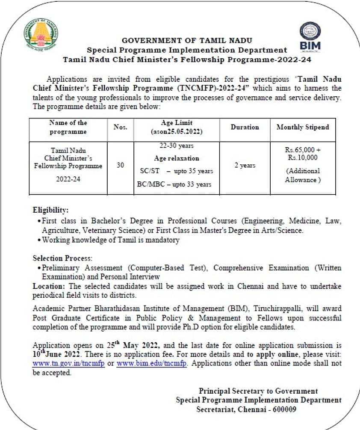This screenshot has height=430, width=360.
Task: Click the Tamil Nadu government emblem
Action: coord(41,35)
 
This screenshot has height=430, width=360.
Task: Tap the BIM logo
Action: coord(310,36)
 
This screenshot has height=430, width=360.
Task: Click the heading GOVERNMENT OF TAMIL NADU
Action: coord(187,41)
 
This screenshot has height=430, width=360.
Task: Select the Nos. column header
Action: coord(121,127)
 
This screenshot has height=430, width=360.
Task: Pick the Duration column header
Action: coord(245,127)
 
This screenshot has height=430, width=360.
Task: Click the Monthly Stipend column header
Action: coord(303,127)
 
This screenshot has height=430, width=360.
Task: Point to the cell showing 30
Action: coord(121,165)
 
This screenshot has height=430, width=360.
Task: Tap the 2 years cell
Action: coord(245,165)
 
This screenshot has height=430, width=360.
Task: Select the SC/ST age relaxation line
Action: coord(177,171)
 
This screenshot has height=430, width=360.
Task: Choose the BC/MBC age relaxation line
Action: coord(176,184)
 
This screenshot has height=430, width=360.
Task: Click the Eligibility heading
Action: coord(50,210)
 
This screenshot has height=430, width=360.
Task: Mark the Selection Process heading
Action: coord(62,258)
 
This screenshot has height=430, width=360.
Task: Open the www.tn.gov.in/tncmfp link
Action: coord(68,364)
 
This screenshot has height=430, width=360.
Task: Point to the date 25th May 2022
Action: coord(136,345)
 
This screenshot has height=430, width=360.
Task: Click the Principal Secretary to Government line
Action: coord(258,391)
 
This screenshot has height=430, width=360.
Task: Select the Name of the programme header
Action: coord(68,127)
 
